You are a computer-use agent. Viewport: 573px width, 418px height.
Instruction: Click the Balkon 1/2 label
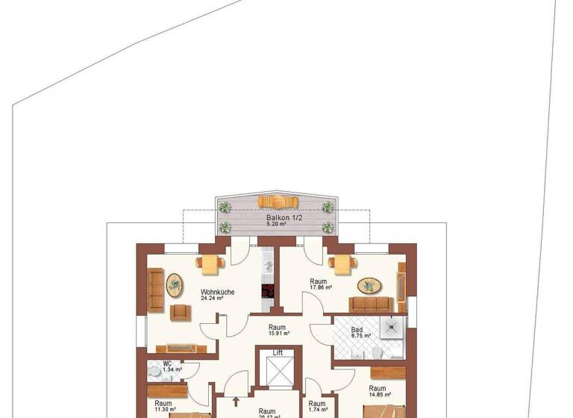point(278,218)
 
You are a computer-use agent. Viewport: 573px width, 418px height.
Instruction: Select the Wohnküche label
point(218,292)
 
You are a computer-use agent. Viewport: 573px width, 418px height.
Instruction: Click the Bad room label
point(357,328)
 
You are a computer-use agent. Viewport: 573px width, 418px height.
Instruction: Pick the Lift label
point(278,352)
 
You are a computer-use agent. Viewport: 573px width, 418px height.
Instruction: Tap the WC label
point(168,363)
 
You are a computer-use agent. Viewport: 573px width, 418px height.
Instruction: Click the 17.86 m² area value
point(321,288)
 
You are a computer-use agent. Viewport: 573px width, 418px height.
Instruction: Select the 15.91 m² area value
point(278,334)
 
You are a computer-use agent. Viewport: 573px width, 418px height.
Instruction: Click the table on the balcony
point(278,202)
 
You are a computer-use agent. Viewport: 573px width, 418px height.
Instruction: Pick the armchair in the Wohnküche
point(180,312)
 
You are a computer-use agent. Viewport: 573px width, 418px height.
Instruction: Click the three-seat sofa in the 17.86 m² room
point(371,305)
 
